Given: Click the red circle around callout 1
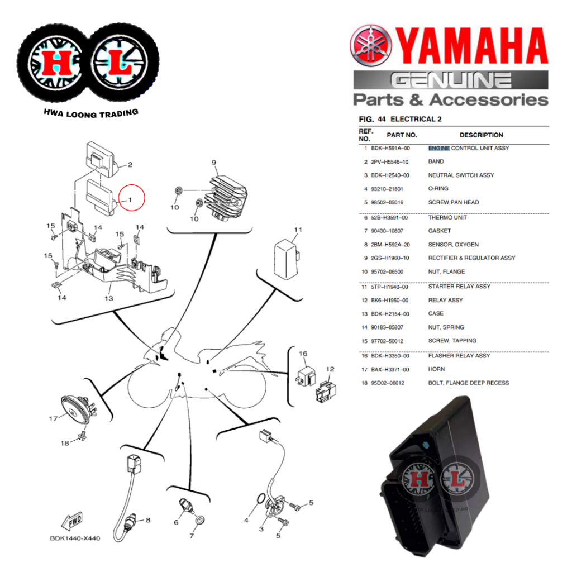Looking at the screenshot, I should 132,198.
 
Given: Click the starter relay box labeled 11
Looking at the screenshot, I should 286,256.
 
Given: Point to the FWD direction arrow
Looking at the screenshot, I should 73,522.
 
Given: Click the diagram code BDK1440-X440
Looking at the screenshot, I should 75,538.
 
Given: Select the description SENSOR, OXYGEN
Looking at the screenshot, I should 453,245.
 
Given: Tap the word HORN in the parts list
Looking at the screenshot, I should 436,369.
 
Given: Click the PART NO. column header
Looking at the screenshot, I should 402,135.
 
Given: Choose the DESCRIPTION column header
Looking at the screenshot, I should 481,135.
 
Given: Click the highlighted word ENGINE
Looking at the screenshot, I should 438,148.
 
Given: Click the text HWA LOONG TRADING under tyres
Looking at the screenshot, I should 90,113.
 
